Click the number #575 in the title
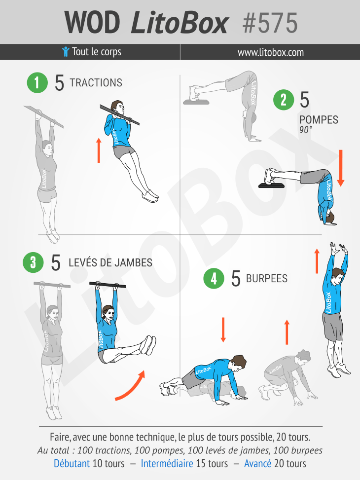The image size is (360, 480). [270, 23]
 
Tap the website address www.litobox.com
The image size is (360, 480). [271, 52]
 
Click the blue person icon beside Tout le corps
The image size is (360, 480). [66, 52]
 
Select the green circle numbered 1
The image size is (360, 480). [37, 83]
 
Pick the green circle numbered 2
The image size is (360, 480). [284, 100]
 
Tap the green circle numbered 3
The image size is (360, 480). [33, 262]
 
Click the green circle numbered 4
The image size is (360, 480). [214, 278]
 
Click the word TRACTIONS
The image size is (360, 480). [96, 83]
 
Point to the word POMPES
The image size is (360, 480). [319, 120]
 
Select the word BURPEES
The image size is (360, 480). [267, 278]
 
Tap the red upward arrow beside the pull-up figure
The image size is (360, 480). [99, 150]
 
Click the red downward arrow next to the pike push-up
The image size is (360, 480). [341, 168]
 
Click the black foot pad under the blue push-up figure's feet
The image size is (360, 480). [272, 185]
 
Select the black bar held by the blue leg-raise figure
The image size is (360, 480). [108, 285]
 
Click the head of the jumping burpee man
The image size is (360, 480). [338, 275]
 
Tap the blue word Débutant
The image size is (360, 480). [72, 463]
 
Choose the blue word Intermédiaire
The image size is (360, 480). [167, 463]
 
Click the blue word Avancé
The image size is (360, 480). [258, 463]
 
